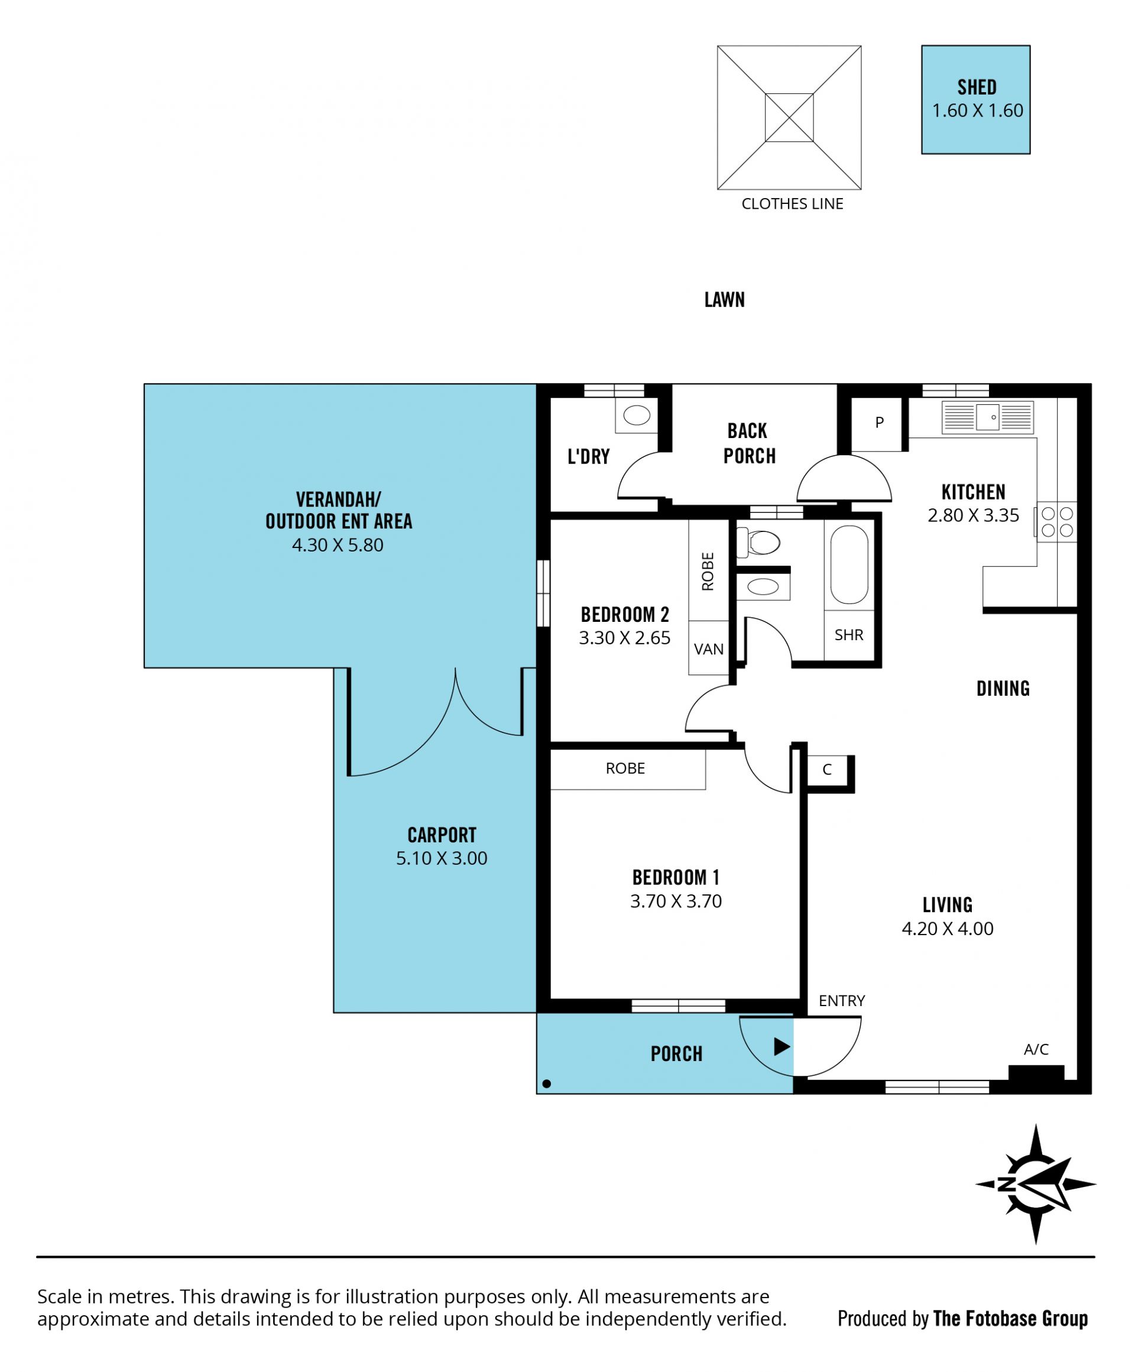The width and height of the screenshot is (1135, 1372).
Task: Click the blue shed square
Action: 975,99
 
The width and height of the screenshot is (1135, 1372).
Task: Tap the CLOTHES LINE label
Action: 792,204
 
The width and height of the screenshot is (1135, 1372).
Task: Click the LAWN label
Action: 724,300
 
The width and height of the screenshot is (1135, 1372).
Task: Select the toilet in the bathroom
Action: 758,542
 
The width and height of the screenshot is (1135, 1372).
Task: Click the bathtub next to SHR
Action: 849,564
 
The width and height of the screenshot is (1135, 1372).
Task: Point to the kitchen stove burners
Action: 1056,521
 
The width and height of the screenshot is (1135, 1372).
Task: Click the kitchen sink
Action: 987,417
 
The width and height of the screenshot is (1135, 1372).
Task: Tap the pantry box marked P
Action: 879,423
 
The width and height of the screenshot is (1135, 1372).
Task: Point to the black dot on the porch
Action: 547,1084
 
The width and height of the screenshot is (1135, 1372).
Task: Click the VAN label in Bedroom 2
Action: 708,650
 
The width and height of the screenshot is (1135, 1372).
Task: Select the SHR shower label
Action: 849,635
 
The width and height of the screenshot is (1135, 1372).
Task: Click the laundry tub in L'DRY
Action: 637,415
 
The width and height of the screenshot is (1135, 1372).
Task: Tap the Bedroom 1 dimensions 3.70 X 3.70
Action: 676,901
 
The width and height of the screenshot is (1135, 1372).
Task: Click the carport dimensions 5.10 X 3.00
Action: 442,858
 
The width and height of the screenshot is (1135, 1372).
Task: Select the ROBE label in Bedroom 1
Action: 625,768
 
